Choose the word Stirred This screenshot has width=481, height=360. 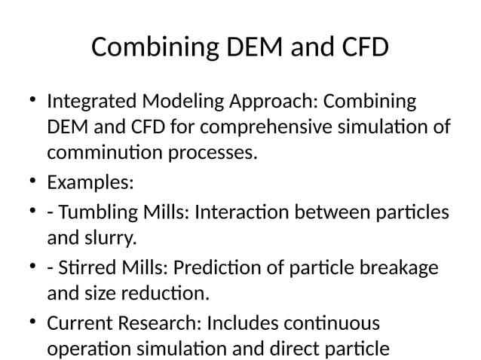[81, 267]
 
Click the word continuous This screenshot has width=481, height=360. [335, 323]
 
